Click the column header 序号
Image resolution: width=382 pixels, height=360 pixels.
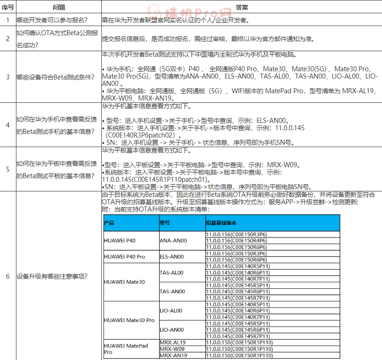coord(7,8)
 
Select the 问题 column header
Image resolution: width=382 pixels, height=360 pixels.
coord(59,8)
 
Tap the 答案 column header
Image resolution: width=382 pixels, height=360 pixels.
coord(242,8)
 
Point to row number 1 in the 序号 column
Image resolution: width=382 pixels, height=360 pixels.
coord(7,20)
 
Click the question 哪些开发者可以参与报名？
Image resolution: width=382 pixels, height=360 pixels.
coord(52,20)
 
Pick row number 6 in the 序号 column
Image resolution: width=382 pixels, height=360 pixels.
coord(7,276)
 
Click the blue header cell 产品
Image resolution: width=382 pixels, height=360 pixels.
coord(110,223)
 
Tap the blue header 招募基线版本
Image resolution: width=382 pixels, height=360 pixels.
coord(221,223)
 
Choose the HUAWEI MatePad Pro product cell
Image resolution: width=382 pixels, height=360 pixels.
coord(126,349)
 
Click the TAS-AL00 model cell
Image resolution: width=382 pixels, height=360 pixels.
coord(171,273)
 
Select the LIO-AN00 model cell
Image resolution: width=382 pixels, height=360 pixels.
coord(172,330)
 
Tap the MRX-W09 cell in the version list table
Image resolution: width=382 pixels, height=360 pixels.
coord(171,349)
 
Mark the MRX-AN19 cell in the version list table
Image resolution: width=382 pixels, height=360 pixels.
coord(173,355)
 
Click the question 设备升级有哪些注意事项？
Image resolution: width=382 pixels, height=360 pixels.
coord(52,276)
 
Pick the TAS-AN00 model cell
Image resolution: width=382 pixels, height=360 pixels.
coord(172,291)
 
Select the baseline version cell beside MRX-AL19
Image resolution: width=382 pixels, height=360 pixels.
coord(240,343)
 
